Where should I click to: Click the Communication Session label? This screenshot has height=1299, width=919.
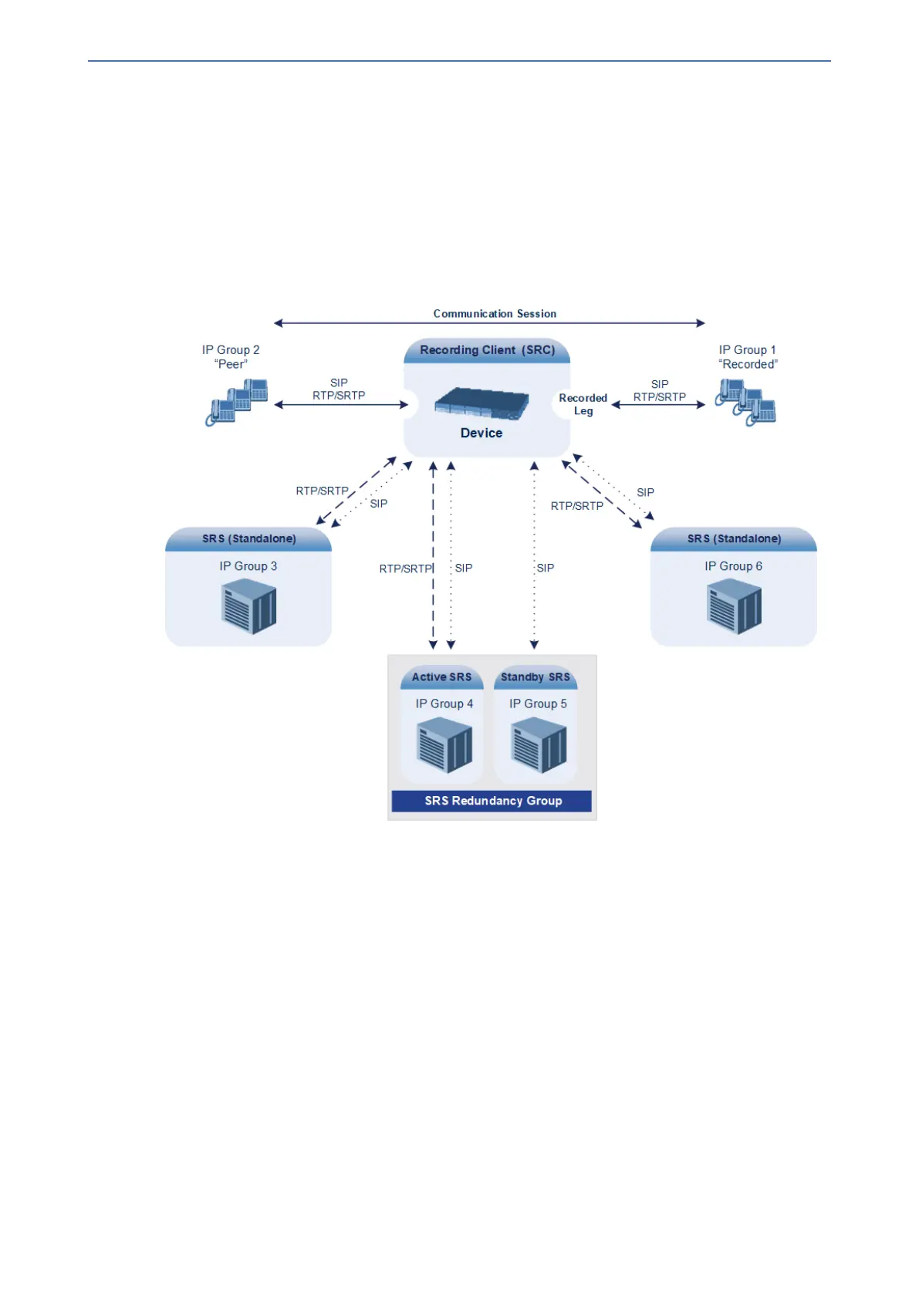pos(495,314)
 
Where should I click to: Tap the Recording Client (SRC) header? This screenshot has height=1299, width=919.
pos(487,350)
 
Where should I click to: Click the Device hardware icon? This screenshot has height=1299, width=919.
pos(481,403)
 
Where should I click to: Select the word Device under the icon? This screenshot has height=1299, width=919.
pos(481,434)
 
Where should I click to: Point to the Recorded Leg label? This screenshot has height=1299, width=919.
pos(583,405)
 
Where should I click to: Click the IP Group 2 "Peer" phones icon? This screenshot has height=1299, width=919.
pos(236,402)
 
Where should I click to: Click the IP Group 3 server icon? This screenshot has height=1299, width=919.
pos(248,607)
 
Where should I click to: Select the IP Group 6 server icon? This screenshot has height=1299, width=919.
pos(734,607)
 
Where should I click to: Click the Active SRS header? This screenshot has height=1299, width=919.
pos(441,677)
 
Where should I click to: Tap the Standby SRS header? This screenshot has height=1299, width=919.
pos(536,677)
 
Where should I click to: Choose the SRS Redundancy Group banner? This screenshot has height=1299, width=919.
pos(493,801)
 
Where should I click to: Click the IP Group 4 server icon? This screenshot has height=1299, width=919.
pos(444,745)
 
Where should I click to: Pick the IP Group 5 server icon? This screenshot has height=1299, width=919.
pos(538,745)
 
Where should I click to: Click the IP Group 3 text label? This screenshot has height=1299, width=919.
pos(248,566)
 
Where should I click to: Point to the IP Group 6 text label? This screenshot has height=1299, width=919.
pos(733,566)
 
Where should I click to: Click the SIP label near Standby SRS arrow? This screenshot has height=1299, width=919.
pos(546,568)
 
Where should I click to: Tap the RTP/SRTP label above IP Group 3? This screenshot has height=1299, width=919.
pos(322,491)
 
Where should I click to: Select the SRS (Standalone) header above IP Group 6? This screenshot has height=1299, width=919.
pos(734,538)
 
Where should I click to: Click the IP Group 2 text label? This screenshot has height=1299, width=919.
pos(231,350)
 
